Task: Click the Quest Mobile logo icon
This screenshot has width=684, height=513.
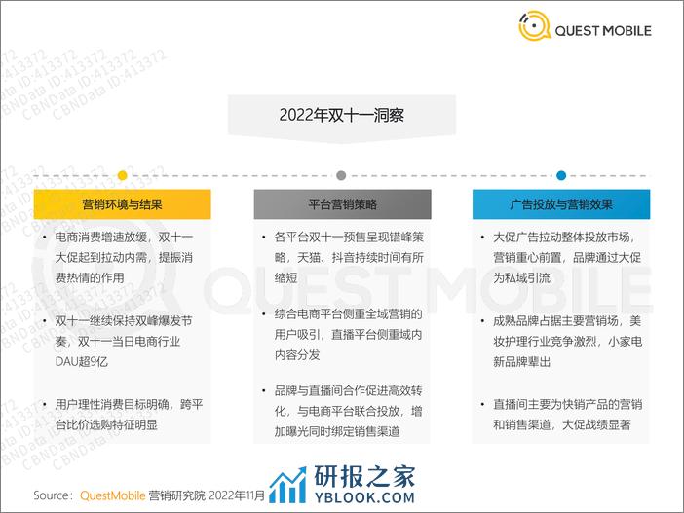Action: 534,26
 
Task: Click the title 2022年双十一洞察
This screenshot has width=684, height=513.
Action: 342,115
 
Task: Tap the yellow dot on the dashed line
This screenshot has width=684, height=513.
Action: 123,175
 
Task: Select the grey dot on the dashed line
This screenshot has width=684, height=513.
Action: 342,175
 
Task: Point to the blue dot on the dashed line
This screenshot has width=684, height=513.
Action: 561,175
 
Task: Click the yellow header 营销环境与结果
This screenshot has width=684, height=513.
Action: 122,204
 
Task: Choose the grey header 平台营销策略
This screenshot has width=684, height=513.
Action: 342,204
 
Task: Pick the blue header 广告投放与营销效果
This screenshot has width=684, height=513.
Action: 561,204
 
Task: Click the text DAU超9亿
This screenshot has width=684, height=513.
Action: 82,361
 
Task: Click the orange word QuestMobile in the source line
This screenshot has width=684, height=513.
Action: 113,495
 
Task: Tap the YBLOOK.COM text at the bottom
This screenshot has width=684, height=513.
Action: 364,497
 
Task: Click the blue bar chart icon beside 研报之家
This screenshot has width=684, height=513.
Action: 287,485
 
